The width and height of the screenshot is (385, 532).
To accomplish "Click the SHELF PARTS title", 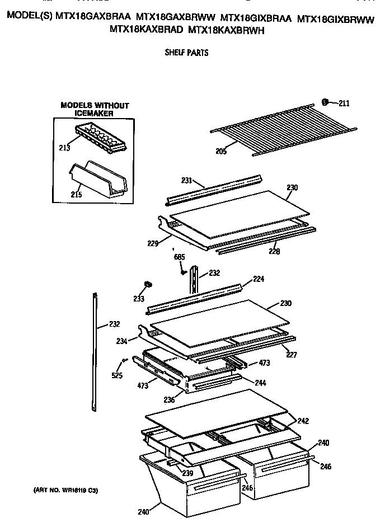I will [186, 53].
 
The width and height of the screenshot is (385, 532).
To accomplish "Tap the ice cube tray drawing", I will [101, 140].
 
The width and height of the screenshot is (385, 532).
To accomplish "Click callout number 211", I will [344, 102].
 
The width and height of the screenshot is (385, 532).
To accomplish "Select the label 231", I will [186, 180].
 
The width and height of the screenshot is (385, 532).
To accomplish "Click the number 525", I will [116, 375].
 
